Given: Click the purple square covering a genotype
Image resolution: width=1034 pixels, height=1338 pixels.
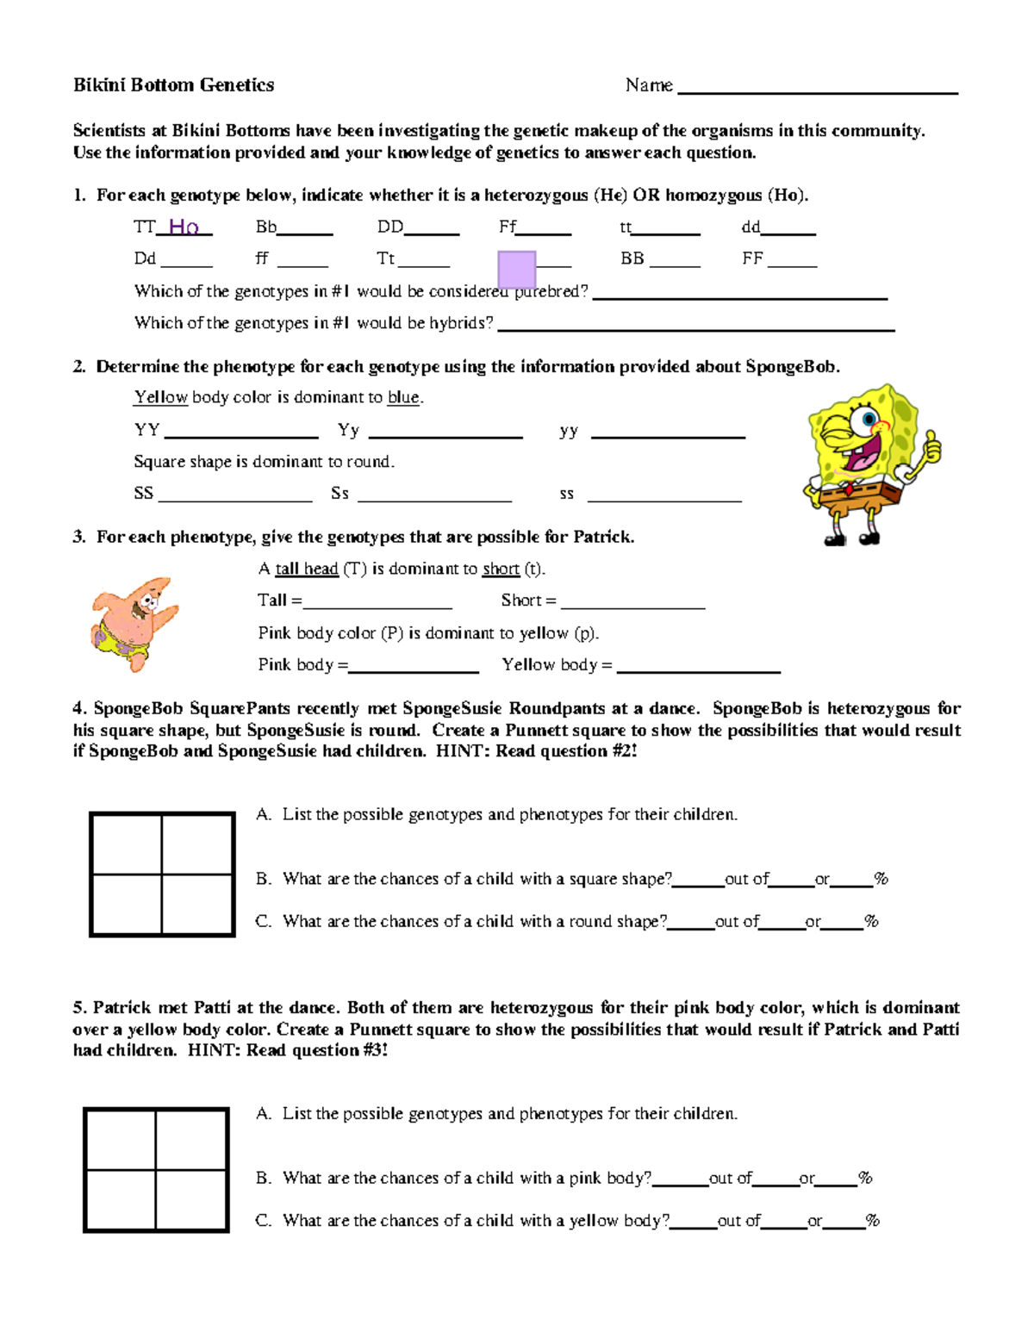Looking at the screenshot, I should (517, 269).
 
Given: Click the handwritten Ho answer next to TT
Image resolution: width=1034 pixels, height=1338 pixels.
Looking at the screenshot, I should (184, 227).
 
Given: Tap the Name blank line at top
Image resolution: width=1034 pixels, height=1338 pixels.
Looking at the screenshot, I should (818, 89).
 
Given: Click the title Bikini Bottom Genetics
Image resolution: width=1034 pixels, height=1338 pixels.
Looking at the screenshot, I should (173, 84).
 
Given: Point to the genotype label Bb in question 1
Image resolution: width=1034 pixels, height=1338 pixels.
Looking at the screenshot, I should (265, 227).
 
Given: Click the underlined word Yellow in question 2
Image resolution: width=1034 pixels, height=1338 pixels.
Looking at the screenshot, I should (160, 397).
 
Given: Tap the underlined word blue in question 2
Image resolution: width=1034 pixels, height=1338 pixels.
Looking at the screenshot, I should (403, 397).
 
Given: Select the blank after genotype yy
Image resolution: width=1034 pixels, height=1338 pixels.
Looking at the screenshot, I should (668, 433).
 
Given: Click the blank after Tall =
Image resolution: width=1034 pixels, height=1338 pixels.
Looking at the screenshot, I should (377, 603).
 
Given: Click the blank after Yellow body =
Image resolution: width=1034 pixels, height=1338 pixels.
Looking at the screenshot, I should (698, 667).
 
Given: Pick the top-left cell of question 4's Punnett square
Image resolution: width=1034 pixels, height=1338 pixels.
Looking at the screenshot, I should (127, 844).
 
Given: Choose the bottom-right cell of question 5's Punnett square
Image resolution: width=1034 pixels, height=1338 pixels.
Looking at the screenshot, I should (191, 1199).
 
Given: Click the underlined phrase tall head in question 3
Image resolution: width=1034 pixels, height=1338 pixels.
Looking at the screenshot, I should (306, 569).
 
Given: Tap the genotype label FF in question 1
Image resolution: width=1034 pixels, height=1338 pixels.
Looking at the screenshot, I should (752, 258).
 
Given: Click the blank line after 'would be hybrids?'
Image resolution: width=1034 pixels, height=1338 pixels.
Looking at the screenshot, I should (696, 326).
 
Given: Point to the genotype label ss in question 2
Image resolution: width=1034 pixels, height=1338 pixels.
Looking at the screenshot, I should (566, 494).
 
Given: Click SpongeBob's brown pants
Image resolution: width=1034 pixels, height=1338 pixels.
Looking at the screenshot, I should (857, 496).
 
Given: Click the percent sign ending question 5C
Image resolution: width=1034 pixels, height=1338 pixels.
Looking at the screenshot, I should (873, 1220).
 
